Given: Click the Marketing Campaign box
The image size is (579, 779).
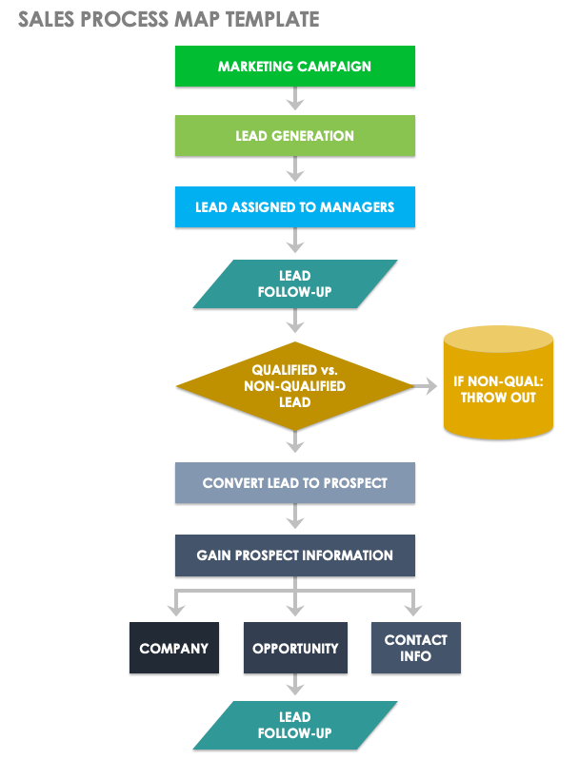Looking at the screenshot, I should [294, 67].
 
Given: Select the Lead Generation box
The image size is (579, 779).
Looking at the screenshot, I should [294, 136].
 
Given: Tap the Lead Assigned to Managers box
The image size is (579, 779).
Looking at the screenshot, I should [294, 206].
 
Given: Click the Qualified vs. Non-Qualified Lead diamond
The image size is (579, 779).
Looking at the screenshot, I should [295, 386].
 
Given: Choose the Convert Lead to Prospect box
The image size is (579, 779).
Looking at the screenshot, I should [294, 483].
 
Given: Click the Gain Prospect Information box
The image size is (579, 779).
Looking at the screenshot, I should [294, 555].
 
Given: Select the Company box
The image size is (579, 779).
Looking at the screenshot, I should [173, 649].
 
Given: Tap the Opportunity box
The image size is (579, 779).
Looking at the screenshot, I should [295, 649].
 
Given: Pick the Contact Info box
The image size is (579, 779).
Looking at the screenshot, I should [415, 649].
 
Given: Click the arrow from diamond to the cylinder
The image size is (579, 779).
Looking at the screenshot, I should [427, 386].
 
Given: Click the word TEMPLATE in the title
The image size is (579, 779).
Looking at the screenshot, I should [270, 19].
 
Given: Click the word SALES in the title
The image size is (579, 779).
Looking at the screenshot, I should [45, 19].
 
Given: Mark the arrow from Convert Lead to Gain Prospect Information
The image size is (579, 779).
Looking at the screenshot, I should [295, 518].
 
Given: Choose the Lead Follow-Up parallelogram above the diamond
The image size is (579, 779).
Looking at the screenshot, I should [295, 283].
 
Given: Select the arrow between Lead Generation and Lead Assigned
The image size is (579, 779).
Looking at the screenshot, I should [295, 170].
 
